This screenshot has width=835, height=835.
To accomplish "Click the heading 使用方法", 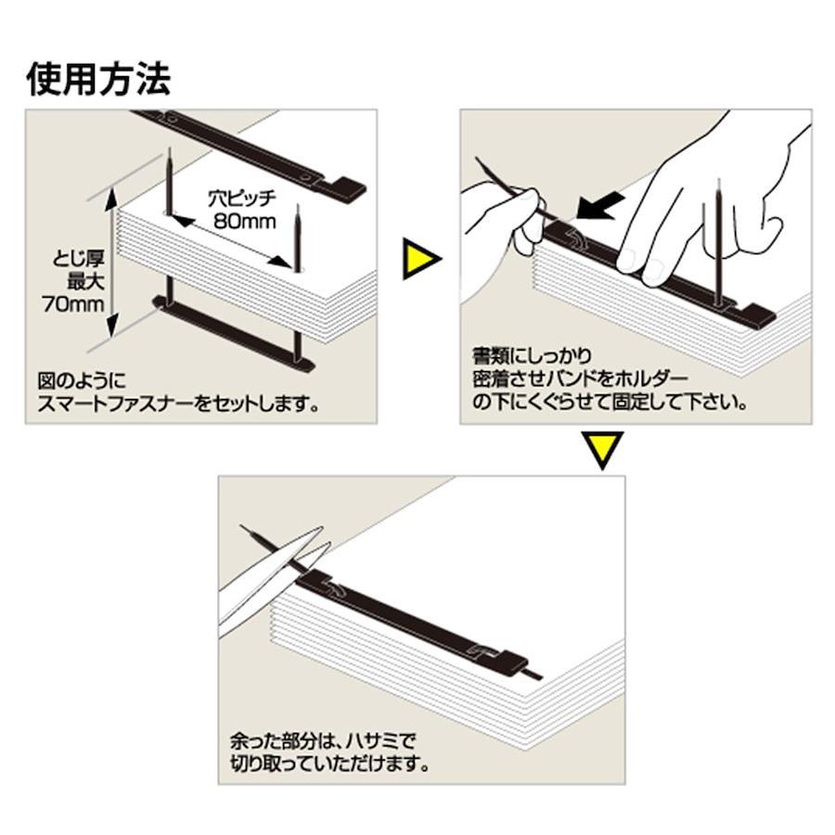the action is pos(99,80).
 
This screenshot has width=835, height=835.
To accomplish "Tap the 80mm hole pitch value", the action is pos(244,221).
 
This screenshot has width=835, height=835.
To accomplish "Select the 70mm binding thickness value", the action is pos(73,304).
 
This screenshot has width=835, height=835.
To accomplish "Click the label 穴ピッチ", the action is pos(242,199).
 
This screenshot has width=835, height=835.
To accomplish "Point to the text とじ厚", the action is pos(78,260).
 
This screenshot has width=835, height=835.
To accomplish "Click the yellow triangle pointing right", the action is pos(420,259).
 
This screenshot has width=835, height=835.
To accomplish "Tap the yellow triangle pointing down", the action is pos(602,450).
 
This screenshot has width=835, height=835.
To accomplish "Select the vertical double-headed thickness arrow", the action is pos(111,263).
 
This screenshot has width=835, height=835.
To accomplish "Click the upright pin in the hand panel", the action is pos(719,243).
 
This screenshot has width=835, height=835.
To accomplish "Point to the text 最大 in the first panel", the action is pos(85,282).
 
